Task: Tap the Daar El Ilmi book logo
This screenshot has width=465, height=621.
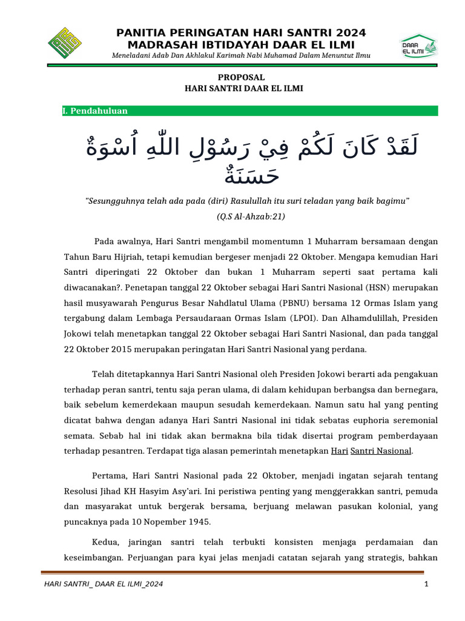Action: tap(418, 45)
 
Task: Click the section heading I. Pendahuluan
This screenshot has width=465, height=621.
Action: tap(95, 111)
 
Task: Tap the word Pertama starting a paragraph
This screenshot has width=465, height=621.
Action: tap(108, 475)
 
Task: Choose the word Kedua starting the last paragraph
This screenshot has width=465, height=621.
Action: tap(105, 541)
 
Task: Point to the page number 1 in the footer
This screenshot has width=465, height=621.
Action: tap(426, 584)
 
